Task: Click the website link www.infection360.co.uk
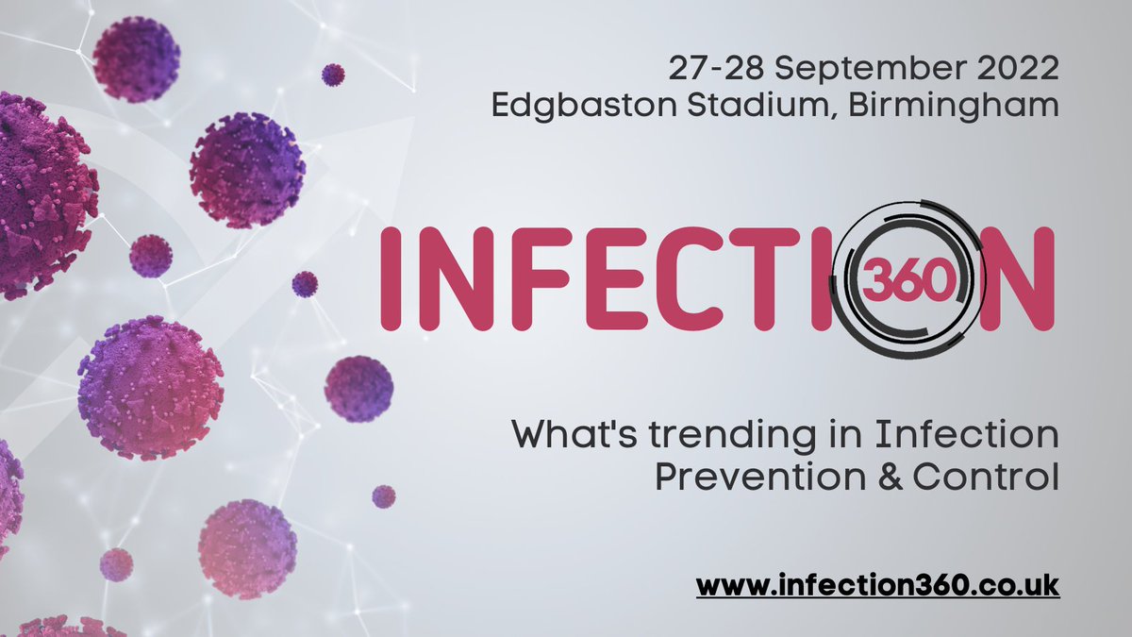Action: (878, 585)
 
